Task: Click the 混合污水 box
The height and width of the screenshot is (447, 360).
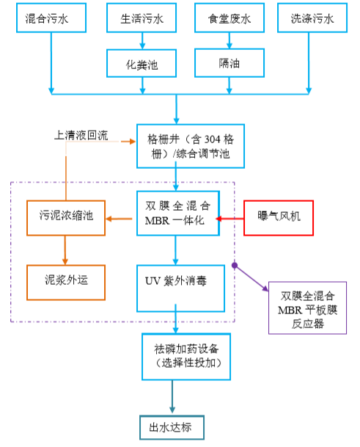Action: (x=51, y=20)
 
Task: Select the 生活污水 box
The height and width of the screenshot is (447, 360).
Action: (x=141, y=20)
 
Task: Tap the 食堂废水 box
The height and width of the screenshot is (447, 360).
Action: (x=229, y=20)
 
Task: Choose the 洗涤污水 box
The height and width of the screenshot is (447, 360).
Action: (x=309, y=20)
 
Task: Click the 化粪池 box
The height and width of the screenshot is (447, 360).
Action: (x=141, y=64)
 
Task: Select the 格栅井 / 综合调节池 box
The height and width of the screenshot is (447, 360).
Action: (x=177, y=145)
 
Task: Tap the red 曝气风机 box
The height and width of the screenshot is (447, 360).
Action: (x=278, y=217)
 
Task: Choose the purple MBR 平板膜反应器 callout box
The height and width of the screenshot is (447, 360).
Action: (x=307, y=308)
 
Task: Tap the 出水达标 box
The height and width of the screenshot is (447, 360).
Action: (x=171, y=427)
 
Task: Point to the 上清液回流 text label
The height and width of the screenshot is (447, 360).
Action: (x=81, y=136)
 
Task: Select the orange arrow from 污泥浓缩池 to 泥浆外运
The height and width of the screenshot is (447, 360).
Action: (x=65, y=250)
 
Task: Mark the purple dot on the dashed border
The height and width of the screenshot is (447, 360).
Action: (x=235, y=264)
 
